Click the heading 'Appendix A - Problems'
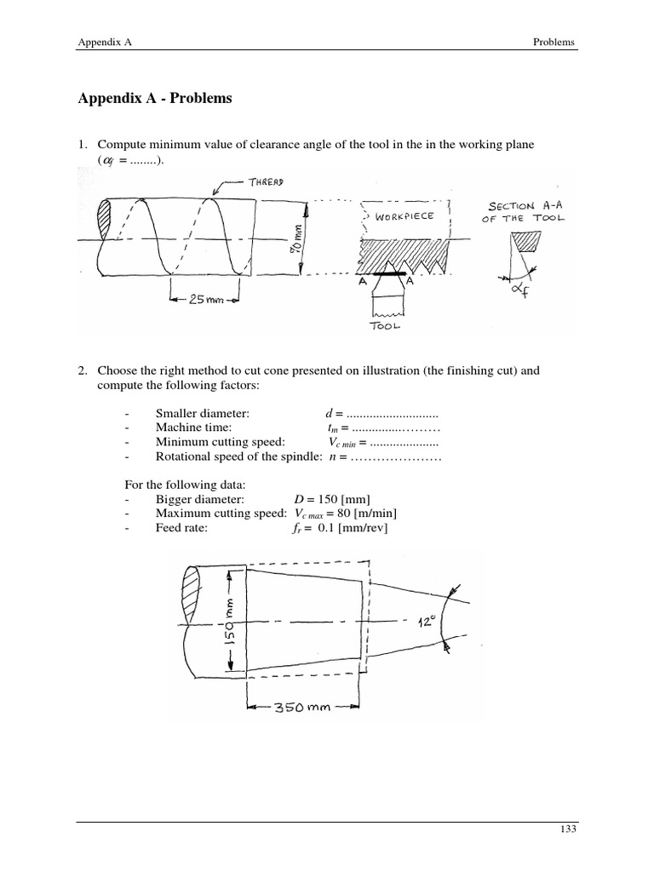154,98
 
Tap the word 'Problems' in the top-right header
553,41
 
